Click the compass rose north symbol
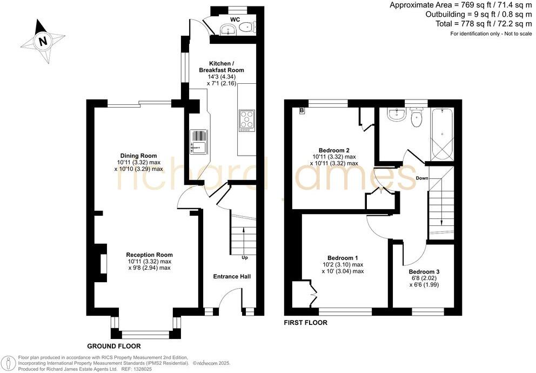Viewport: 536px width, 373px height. pyautogui.click(x=42, y=41)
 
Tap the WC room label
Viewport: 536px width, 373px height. pyautogui.click(x=235, y=19)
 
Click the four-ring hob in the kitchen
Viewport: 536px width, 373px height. pyautogui.click(x=247, y=120)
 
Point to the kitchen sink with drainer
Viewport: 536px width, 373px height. pyautogui.click(x=198, y=142)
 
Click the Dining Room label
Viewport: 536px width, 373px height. pyautogui.click(x=138, y=156)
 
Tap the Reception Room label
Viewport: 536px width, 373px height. pyautogui.click(x=149, y=255)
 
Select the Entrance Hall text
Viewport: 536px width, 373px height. pyautogui.click(x=231, y=277)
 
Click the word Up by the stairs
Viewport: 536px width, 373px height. pyautogui.click(x=245, y=257)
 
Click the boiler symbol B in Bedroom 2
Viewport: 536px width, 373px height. pyautogui.click(x=301, y=111)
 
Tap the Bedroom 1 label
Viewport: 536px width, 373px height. pyautogui.click(x=343, y=258)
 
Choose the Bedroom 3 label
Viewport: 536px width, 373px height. pyautogui.click(x=424, y=271)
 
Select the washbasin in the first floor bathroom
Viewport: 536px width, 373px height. pyautogui.click(x=397, y=114)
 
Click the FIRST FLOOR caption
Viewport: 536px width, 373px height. pyautogui.click(x=306, y=323)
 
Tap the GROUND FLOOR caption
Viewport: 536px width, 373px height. pyautogui.click(x=114, y=346)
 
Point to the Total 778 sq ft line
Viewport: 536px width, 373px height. pyautogui.click(x=483, y=24)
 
